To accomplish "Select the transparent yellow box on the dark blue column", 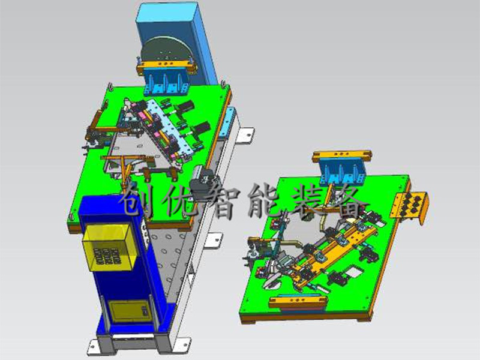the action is click(x=108, y=247).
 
